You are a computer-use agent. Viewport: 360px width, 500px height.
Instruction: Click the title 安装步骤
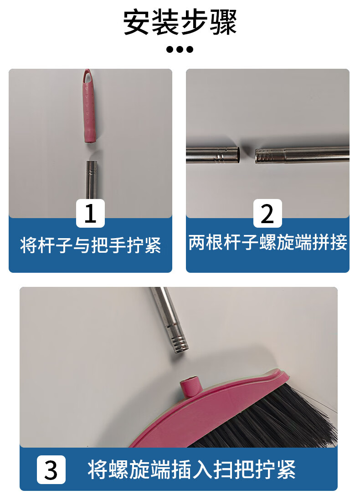click(180, 22)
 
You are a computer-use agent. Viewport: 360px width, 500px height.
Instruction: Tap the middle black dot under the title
click(180, 49)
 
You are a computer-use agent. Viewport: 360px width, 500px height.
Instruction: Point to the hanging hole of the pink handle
click(87, 77)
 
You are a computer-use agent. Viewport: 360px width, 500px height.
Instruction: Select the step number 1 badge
click(90, 213)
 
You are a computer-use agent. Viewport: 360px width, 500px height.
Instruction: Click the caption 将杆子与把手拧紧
click(90, 245)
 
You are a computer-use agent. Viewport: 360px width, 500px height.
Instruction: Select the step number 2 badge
click(267, 213)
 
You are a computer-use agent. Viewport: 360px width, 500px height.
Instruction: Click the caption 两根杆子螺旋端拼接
click(267, 242)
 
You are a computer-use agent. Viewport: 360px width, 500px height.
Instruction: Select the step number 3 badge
click(51, 469)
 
